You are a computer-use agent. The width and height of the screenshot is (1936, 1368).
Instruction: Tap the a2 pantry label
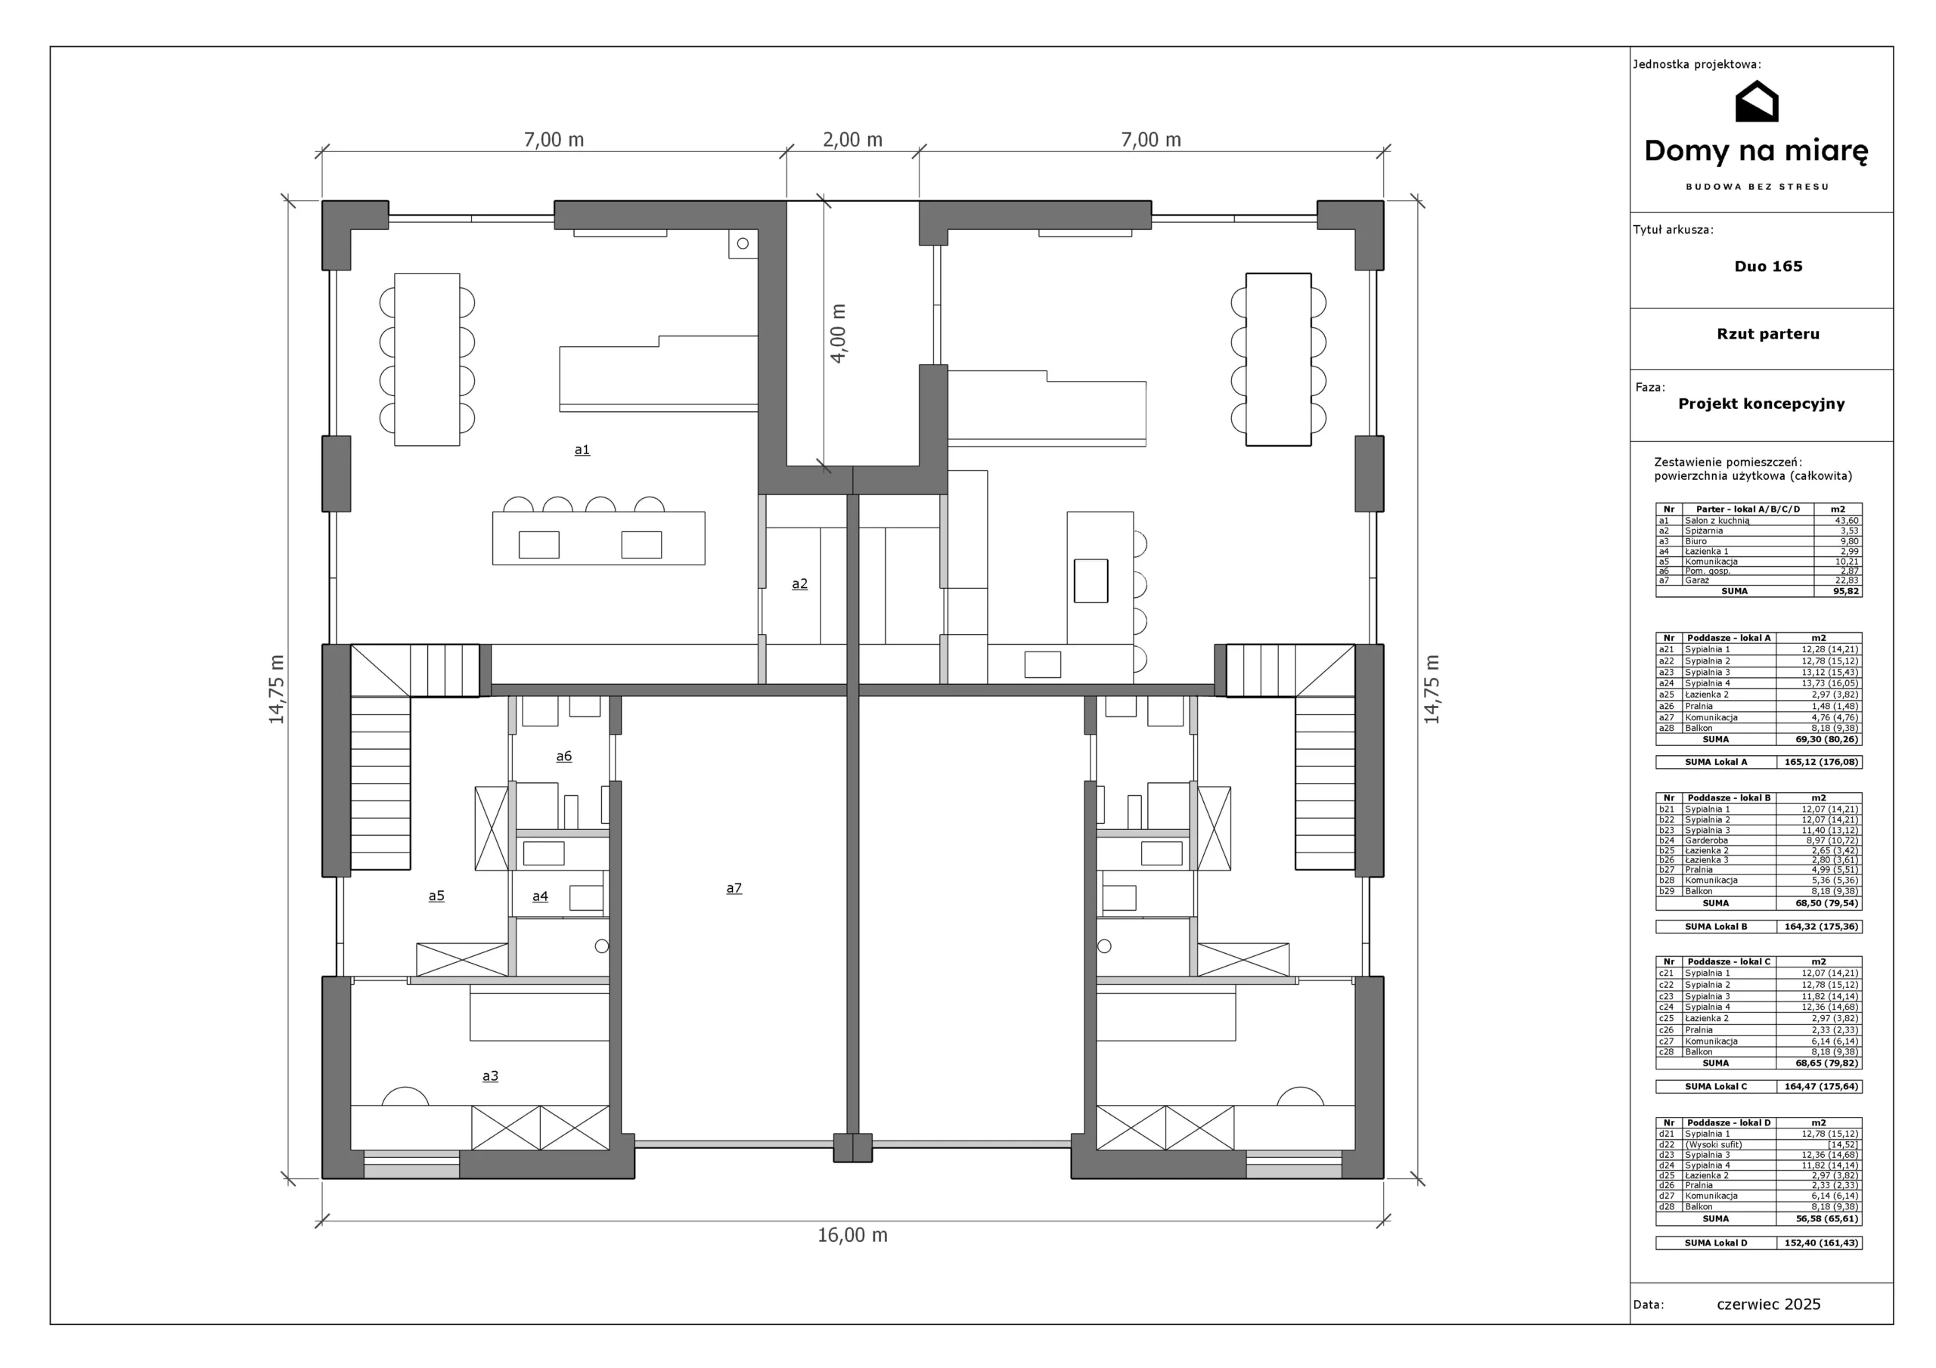pyautogui.click(x=799, y=583)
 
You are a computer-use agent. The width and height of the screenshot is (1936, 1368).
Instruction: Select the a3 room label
pyautogui.click(x=490, y=1076)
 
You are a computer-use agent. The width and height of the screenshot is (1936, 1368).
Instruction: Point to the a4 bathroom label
pyautogui.click(x=540, y=896)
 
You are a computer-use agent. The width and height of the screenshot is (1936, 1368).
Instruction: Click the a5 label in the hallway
pyautogui.click(x=436, y=896)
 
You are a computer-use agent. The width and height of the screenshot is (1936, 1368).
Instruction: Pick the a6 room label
pyautogui.click(x=563, y=756)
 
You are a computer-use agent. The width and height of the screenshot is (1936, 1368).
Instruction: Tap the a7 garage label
pyautogui.click(x=734, y=887)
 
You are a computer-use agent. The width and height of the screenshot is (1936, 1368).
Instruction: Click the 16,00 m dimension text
pyautogui.click(x=852, y=1235)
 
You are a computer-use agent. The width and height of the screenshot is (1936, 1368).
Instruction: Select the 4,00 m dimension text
pyautogui.click(x=838, y=334)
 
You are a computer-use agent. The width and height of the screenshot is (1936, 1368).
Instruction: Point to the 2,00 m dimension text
pyautogui.click(x=852, y=140)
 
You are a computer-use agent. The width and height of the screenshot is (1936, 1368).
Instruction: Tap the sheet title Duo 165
pyautogui.click(x=1768, y=266)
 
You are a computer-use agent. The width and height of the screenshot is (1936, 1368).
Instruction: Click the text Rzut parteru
pyautogui.click(x=1768, y=334)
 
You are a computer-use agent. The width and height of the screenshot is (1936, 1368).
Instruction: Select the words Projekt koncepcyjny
pyautogui.click(x=1761, y=404)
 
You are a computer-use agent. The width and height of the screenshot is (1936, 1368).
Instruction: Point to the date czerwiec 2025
pyautogui.click(x=1768, y=1304)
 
